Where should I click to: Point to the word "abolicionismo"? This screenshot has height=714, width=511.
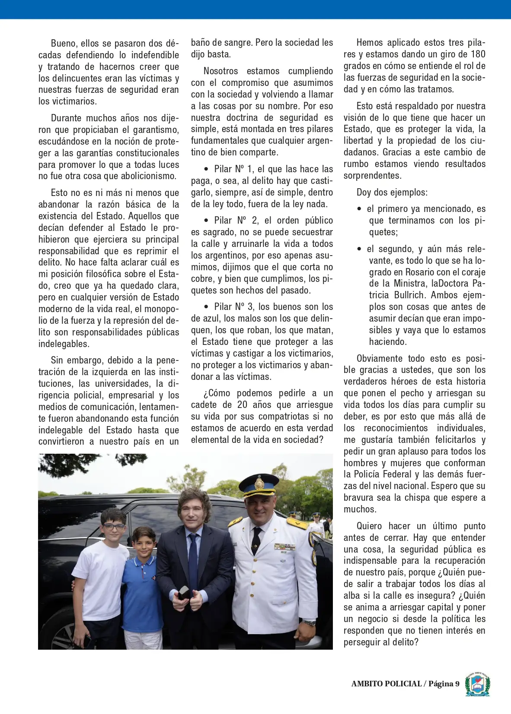[147, 177]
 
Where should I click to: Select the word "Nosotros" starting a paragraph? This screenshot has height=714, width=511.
[220, 71]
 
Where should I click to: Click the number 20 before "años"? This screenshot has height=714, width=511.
[242, 405]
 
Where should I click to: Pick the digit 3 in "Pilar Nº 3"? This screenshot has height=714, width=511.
[250, 307]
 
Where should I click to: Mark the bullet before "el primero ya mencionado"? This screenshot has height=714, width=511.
[359, 209]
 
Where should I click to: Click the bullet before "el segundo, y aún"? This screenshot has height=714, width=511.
[359, 250]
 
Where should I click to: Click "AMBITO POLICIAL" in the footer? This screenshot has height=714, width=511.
[386, 684]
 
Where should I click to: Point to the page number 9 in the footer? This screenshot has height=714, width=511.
[457, 684]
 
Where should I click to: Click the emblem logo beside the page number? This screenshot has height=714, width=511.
[477, 684]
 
